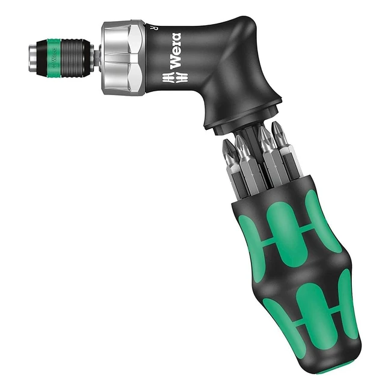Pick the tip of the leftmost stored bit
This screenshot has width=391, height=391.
click(x=227, y=146)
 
